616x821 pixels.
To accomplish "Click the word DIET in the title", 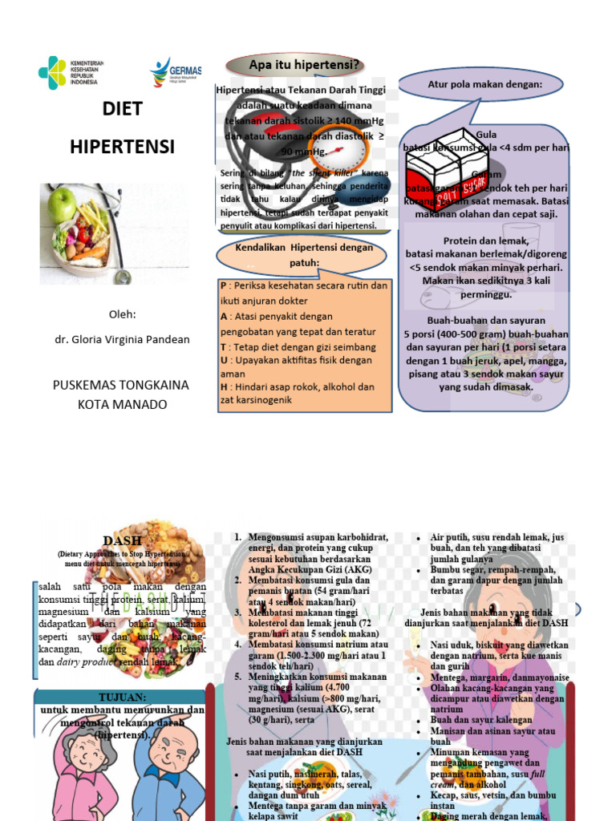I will click(x=122, y=109).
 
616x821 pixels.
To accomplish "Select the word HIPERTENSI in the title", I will click(x=122, y=147).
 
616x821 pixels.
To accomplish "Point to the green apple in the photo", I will click(x=62, y=205).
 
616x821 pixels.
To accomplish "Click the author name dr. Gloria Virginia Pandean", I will click(x=122, y=339).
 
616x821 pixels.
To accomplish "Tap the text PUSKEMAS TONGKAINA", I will click(x=121, y=385).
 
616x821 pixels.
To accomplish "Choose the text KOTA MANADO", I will click(x=122, y=404).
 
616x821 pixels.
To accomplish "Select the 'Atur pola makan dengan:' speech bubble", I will click(x=484, y=85).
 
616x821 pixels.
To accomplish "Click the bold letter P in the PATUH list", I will click(x=223, y=285).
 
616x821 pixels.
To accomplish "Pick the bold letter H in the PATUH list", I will click(x=224, y=386).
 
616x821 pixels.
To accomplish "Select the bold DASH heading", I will click(x=122, y=540).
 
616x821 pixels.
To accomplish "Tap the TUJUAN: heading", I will click(x=122, y=697).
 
